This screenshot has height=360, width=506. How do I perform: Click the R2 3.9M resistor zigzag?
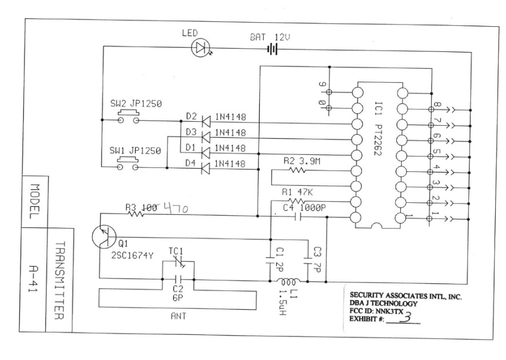point(298,170)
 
